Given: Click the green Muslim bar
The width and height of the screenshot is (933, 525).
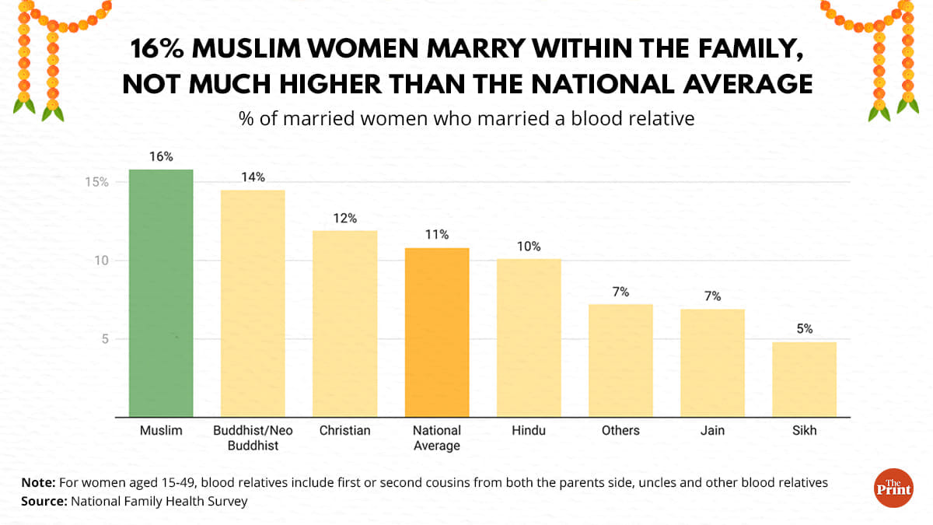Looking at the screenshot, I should [161, 292].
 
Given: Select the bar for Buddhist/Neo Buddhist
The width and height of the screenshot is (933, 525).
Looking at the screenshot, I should [253, 303].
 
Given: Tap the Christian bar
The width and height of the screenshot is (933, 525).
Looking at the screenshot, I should [344, 324].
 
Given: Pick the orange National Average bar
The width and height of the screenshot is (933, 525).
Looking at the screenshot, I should [436, 332].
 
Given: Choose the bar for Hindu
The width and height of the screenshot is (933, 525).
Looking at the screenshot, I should [528, 338].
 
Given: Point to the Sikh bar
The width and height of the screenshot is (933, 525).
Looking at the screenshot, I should [804, 379].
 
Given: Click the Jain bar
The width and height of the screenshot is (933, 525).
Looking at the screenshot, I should [712, 362].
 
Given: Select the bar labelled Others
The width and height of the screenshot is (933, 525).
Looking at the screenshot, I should [620, 360].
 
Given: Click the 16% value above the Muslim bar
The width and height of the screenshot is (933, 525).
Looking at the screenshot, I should [161, 157].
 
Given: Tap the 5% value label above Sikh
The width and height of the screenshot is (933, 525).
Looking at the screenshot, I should [804, 329].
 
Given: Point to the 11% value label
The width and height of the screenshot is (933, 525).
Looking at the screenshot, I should [437, 235].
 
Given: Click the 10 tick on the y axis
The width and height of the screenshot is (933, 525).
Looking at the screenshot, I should [101, 261].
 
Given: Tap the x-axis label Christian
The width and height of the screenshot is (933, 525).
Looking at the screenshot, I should [344, 430].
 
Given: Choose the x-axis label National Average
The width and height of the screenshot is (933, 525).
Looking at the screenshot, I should [436, 438].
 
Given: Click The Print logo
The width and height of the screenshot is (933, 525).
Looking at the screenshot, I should [893, 488].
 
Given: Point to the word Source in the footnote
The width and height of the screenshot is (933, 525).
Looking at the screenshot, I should [43, 502].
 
